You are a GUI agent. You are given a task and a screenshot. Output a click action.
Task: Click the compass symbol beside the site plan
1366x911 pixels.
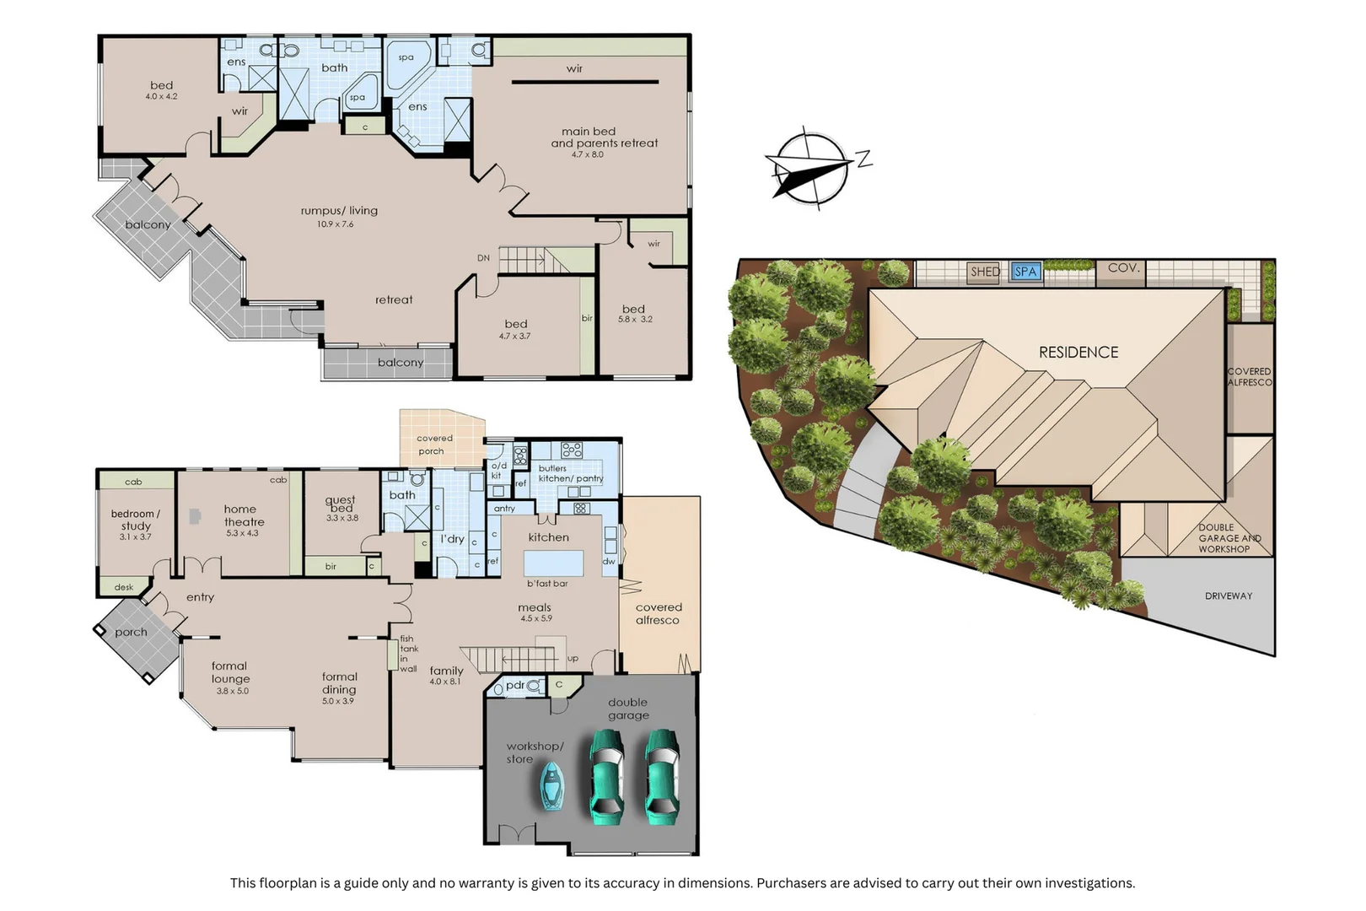point(809,168)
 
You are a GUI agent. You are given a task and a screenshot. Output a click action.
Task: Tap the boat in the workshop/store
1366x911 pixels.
point(552,786)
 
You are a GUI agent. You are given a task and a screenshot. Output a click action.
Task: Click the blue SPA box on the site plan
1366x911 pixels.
point(1026,272)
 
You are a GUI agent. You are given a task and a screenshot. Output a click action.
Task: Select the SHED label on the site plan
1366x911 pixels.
point(984,272)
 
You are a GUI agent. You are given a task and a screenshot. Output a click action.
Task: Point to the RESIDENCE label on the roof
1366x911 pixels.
point(1078,353)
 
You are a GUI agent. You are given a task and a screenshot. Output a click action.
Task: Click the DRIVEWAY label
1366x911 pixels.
point(1228,596)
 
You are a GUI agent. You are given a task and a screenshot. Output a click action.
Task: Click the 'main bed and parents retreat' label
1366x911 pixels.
point(604,137)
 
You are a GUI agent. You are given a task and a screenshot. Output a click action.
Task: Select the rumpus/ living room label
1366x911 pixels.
point(339,211)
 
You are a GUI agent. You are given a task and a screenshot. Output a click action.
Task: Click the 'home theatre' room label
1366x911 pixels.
point(243,515)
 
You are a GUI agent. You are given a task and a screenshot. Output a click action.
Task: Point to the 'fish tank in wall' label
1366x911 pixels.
point(408,654)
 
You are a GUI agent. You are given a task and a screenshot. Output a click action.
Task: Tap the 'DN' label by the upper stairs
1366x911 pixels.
point(483,258)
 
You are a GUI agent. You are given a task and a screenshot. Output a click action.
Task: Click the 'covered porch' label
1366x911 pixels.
point(434,445)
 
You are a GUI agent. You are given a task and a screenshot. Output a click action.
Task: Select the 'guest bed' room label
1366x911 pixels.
point(341,504)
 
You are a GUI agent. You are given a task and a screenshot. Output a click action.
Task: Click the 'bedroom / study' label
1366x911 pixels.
point(135,520)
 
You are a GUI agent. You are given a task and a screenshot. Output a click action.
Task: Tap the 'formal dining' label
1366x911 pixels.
point(339,683)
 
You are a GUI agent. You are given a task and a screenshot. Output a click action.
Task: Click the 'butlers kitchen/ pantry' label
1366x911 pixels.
point(570,473)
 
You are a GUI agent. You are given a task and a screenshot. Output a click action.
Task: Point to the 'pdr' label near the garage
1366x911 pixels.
point(514,686)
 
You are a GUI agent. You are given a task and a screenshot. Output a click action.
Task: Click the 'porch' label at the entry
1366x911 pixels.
point(131,632)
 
